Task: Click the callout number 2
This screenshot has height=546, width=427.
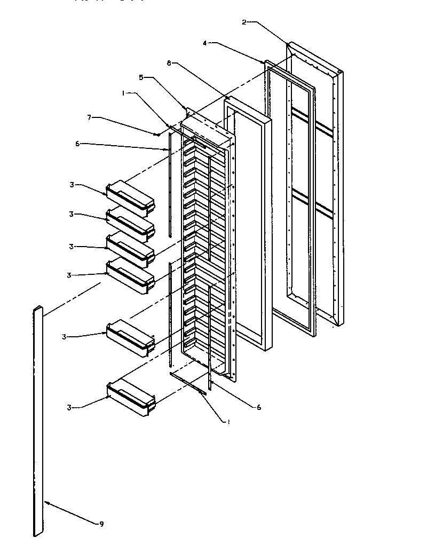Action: click(243, 22)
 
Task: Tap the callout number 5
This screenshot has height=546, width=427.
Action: click(141, 77)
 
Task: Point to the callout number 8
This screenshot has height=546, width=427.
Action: click(169, 64)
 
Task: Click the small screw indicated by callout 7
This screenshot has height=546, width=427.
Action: click(159, 134)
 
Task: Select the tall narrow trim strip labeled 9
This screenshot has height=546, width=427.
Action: click(37, 422)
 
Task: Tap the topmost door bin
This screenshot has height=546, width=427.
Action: click(131, 195)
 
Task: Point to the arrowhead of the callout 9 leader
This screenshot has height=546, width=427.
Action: click(46, 502)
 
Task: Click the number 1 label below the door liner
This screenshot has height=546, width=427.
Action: click(228, 421)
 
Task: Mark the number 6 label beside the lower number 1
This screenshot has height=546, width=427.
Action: click(259, 407)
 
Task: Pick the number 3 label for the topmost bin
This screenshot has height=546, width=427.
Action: click(71, 185)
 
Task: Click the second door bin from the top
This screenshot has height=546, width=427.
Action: click(131, 222)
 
